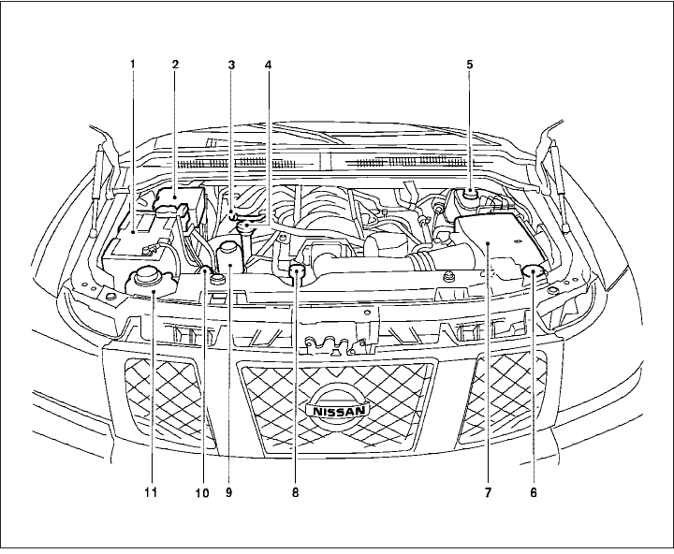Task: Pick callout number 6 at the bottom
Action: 534,488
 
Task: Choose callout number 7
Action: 488,488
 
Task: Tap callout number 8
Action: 297,488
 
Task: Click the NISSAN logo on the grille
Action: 337,410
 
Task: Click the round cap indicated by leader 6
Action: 534,271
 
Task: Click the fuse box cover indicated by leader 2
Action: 179,199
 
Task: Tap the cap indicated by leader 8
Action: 298,273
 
